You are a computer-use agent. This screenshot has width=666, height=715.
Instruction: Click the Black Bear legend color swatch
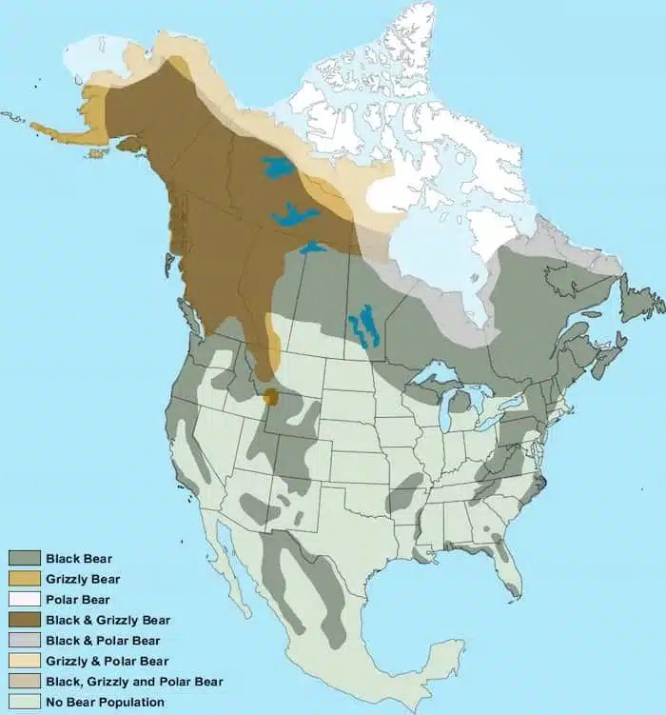tap(23, 558)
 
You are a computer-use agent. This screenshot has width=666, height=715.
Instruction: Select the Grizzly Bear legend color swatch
tap(23, 579)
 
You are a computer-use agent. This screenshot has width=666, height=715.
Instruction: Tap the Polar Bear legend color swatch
tap(23, 600)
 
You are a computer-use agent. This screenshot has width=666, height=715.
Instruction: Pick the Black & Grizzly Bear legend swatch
tap(23, 620)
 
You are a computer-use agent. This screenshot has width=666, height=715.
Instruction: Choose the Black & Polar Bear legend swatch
tap(23, 641)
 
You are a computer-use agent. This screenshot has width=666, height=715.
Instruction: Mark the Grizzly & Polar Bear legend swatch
tap(23, 661)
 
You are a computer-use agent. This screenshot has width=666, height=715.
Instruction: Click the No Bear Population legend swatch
tap(23, 703)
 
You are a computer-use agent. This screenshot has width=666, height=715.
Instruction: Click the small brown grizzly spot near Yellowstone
tap(271, 396)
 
